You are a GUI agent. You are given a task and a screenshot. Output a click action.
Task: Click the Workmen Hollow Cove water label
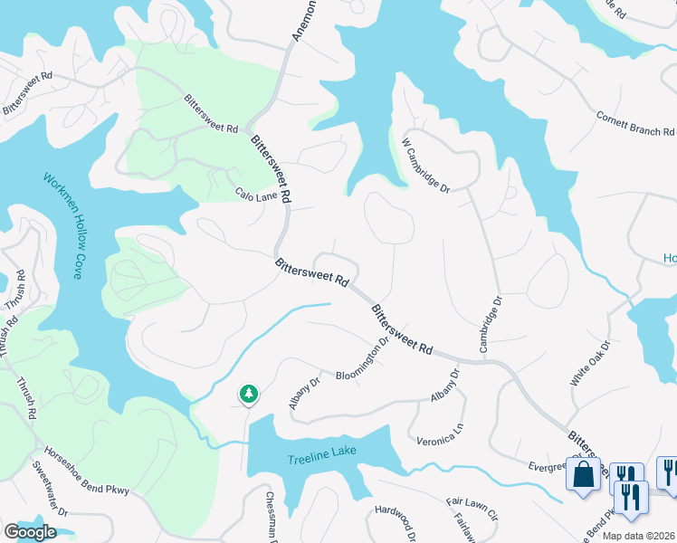pos(62,224)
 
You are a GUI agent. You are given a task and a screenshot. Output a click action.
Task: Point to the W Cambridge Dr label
pos(425,164)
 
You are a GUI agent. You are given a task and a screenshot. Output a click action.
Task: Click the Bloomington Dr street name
pos(362,359)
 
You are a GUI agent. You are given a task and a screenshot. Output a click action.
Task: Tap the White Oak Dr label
pos(591,364)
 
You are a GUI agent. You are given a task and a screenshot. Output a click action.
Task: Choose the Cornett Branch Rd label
pos(635,124)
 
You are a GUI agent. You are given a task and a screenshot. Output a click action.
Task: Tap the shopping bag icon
pos(583,474)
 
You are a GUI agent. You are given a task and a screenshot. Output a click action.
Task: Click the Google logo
pos(30,532)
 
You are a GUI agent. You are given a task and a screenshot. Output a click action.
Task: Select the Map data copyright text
pos(637,536)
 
